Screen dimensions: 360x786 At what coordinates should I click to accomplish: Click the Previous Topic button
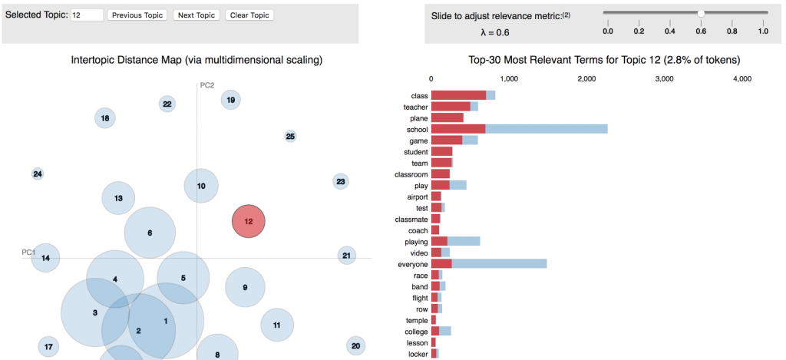click(x=137, y=15)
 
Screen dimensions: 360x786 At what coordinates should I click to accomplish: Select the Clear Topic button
click(x=249, y=15)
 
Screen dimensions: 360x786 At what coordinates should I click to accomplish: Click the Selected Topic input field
click(x=87, y=15)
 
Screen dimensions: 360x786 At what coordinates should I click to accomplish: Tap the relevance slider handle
click(x=701, y=13)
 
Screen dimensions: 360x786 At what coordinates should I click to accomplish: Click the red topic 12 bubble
click(x=249, y=221)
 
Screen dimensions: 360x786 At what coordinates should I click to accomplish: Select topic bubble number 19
click(x=230, y=99)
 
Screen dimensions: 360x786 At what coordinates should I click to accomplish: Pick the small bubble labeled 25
click(x=290, y=137)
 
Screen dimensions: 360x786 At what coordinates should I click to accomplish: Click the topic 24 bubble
click(x=38, y=174)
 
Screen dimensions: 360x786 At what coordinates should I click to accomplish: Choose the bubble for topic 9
click(x=245, y=287)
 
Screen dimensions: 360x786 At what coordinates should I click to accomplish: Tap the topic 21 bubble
click(x=346, y=256)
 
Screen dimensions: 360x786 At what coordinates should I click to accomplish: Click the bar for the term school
click(x=519, y=130)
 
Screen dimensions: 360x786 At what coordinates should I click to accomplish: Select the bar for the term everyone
click(x=488, y=264)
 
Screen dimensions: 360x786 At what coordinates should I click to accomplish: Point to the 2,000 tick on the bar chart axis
click(x=586, y=79)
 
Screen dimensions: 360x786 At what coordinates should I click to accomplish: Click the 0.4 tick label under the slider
click(x=669, y=31)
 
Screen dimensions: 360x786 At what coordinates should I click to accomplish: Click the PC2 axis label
click(x=206, y=85)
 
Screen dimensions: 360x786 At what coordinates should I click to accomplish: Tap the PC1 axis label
click(x=28, y=253)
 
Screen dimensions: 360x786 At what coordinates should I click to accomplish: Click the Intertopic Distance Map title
click(x=196, y=60)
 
